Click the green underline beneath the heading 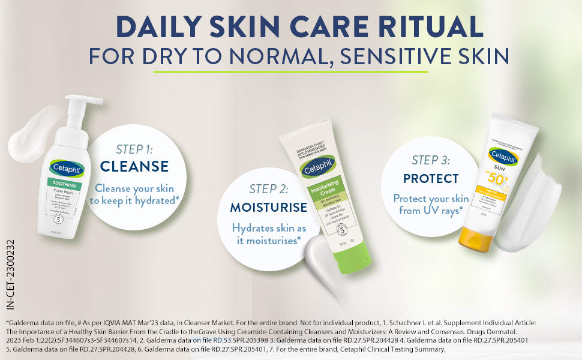tap(291, 72)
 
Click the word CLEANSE tap(134, 166)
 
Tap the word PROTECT tap(431, 179)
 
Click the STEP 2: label tap(269, 189)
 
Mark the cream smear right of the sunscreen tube tap(540, 204)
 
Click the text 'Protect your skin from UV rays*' tap(431, 204)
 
